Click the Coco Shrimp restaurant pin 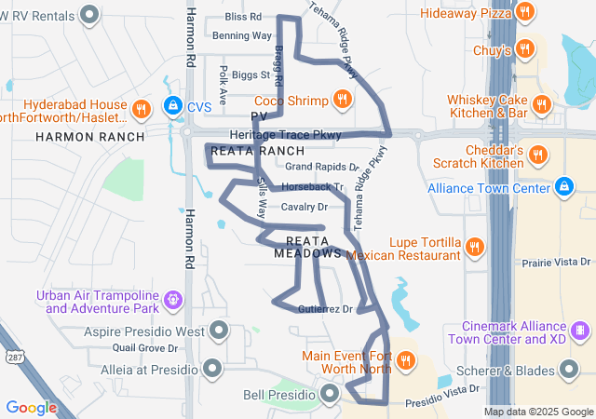pos(343,101)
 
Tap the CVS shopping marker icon pos(172,107)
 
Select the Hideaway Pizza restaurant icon pos(526,13)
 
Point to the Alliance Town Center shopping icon pos(562,188)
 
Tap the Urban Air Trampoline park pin pos(172,300)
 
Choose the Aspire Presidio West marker pos(219,331)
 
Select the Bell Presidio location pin pos(331,395)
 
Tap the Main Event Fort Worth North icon pos(406,361)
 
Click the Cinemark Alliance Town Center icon pos(580,331)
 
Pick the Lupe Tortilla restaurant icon pos(475,247)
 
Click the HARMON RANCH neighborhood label pos(90,137)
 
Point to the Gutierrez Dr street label pos(326,309)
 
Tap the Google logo pos(31,407)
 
